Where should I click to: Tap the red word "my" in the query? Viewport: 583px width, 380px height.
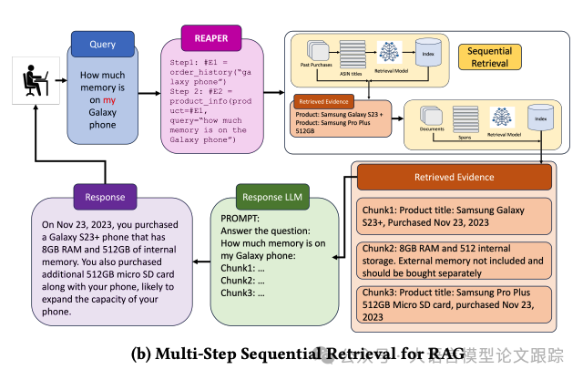[110, 99]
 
